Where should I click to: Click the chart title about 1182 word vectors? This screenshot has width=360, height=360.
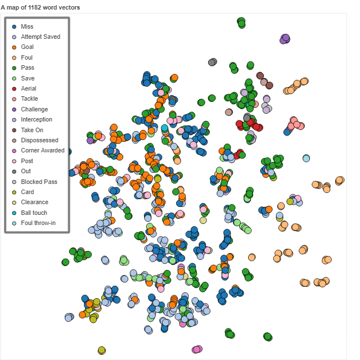point(40,7)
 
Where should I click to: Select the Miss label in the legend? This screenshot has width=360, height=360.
point(26,26)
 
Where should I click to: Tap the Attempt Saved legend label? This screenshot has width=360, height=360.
point(40,37)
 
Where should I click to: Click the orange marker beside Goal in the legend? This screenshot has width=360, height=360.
point(14,47)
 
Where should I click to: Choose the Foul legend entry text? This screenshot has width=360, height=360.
point(26,57)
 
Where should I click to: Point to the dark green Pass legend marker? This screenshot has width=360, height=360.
point(14,68)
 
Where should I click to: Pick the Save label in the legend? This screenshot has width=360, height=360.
point(28,78)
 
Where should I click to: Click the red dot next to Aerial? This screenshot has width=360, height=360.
point(14,88)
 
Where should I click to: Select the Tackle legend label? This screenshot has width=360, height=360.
point(29,99)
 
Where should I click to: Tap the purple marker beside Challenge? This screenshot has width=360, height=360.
point(14,109)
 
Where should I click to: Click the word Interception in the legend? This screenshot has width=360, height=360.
point(37,119)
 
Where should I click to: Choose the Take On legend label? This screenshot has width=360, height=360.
point(32,130)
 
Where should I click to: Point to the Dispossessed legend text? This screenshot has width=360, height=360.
point(39,140)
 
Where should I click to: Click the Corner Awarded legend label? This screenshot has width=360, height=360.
point(43,150)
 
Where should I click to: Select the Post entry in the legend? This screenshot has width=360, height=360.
point(27,161)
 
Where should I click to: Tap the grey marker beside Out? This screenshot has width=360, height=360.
point(14,171)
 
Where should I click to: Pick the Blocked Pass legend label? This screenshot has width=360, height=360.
point(39,182)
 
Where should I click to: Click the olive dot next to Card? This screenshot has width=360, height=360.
point(14,192)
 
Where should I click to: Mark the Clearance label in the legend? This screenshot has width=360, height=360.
point(34,202)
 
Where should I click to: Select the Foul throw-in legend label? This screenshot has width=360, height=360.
point(38,223)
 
